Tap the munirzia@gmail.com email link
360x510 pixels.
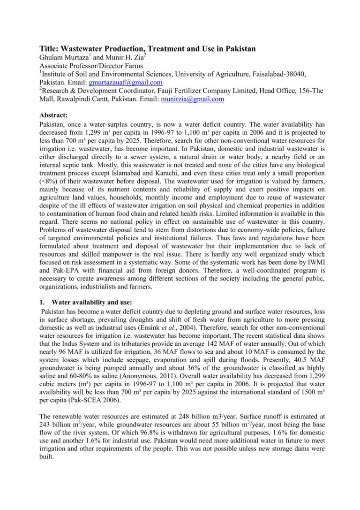(x=186, y=99)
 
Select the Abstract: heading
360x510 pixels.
(x=54, y=115)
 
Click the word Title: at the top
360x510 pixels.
(x=49, y=49)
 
